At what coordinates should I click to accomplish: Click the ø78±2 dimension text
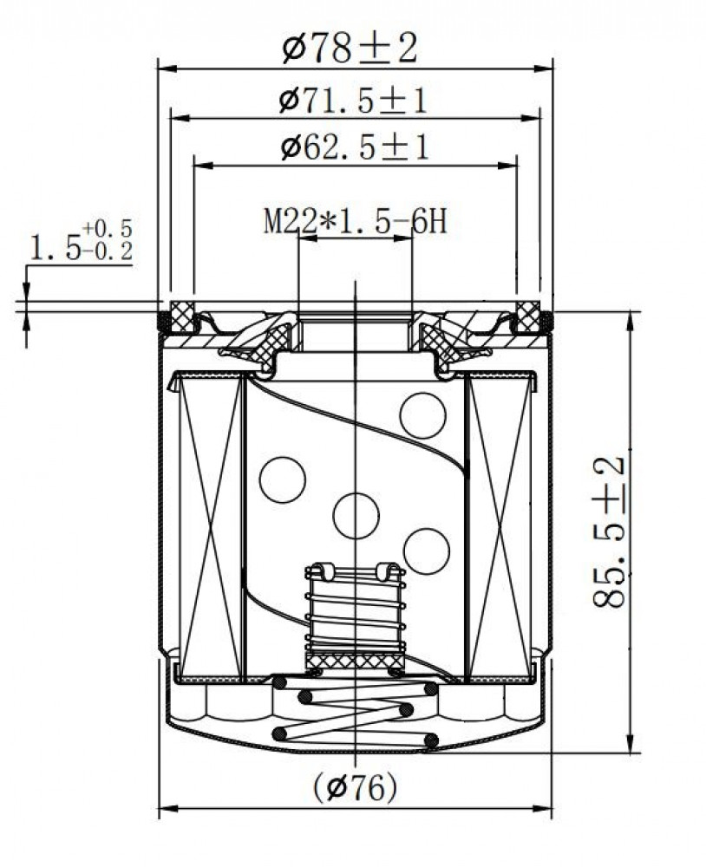coord(350,49)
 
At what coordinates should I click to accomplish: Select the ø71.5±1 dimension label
coord(354,101)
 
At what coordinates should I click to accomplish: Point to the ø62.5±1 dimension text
coord(355,147)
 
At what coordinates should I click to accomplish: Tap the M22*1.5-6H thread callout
coord(356,222)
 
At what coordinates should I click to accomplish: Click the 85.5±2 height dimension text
coord(609,532)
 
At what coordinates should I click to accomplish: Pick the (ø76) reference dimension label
coord(356,787)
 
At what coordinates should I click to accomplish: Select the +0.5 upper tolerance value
coord(108,228)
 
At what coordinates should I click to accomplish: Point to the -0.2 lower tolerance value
coord(108,251)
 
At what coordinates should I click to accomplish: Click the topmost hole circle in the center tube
coord(422,415)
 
